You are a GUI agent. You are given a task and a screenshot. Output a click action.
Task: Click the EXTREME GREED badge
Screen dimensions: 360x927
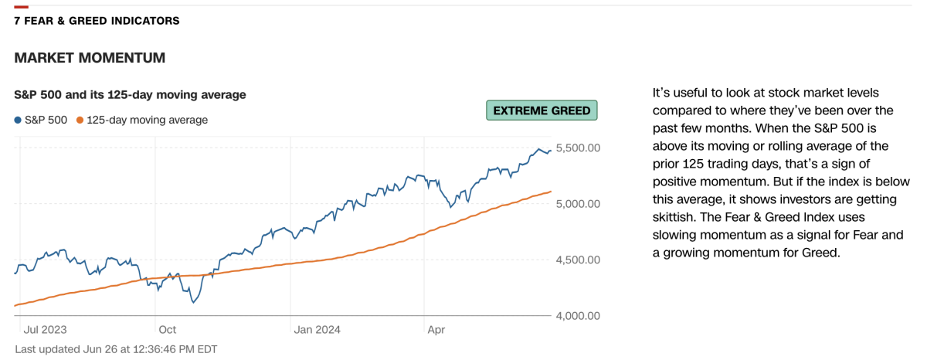[542, 110]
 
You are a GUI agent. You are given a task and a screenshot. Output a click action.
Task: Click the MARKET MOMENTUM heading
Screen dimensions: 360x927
[90, 58]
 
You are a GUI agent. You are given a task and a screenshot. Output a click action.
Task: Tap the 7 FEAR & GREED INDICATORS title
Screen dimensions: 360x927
[97, 21]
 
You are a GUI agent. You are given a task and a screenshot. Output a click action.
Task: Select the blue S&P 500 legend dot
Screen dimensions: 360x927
[18, 120]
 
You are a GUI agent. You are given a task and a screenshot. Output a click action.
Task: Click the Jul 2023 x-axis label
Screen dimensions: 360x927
[45, 329]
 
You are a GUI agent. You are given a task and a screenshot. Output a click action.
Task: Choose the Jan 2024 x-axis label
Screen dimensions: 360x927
[317, 329]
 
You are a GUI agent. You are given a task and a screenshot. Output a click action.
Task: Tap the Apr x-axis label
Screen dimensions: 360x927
[436, 329]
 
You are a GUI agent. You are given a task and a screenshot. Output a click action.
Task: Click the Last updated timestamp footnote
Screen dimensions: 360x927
[116, 349]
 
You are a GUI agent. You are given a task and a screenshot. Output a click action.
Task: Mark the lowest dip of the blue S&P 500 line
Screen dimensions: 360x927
[192, 302]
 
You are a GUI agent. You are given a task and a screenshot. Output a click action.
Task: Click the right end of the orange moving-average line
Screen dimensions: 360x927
[551, 192]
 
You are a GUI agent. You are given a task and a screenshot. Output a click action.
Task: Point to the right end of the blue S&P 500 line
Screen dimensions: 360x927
[551, 151]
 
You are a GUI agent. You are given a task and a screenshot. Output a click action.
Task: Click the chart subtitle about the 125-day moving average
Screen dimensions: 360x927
[130, 94]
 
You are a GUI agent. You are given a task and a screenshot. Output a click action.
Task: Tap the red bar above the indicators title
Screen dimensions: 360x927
[21, 7]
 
